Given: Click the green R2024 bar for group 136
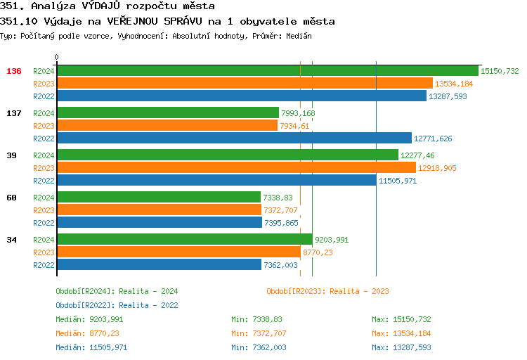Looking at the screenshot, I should (267, 71).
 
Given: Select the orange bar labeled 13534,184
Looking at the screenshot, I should (244, 84).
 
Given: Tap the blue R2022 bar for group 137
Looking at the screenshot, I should (233, 139).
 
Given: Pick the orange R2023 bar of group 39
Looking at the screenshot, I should (235, 168).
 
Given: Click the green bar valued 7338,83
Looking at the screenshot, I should (158, 198).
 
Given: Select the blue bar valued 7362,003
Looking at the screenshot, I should (158, 265).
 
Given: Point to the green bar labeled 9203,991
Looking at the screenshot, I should (184, 240).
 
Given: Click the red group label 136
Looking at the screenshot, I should (14, 71).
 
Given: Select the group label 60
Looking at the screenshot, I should (11, 198).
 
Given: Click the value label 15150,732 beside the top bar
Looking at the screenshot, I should (500, 71).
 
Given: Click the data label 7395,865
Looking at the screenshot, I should (281, 223).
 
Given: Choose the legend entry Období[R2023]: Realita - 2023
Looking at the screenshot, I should (327, 291).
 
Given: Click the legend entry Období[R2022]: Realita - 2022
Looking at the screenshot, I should (117, 305).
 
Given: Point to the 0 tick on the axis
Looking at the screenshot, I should (57, 57).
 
